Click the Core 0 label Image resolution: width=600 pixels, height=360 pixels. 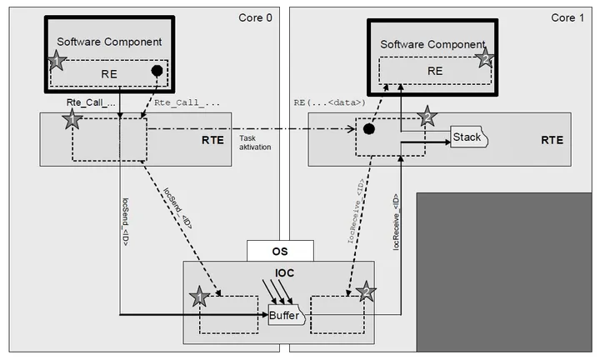point(255,17)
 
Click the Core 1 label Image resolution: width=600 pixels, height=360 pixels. point(567,17)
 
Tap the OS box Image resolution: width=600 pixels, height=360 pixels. point(280,251)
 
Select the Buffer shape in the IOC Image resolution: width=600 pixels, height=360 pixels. point(287,315)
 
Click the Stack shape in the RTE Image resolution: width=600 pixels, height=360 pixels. point(469,137)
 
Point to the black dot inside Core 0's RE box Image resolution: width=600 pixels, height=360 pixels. point(157,71)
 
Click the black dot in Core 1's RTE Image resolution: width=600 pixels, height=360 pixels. point(368,129)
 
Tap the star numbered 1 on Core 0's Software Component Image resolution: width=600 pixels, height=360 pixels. point(57,61)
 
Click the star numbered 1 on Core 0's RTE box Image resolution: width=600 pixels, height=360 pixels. point(72,119)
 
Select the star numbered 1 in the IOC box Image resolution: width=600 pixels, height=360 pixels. point(199,296)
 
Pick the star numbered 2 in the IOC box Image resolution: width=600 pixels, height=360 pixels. point(366,292)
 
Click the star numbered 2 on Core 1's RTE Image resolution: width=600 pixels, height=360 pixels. point(427,116)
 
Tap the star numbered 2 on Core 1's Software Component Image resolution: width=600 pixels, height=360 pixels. point(485,58)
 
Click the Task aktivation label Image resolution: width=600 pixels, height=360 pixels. point(255,142)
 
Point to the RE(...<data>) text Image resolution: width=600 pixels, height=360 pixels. point(329,102)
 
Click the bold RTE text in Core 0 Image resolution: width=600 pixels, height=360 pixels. point(212,140)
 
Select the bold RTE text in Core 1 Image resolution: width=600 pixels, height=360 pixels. point(552,140)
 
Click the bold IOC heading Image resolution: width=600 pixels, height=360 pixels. point(285,272)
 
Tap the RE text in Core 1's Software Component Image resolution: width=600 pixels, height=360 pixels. point(435,71)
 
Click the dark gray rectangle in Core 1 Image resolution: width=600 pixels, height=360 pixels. point(504,272)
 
